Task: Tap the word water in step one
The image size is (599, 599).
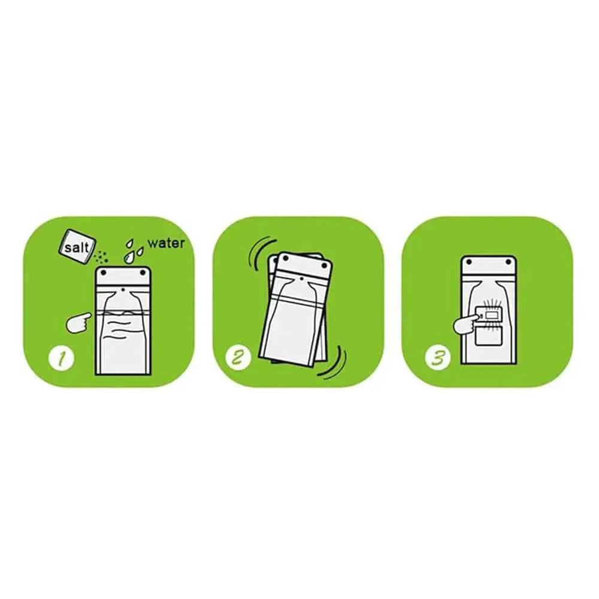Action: pyautogui.click(x=166, y=243)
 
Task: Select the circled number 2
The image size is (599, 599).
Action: pyautogui.click(x=238, y=358)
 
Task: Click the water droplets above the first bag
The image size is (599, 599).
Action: pyautogui.click(x=134, y=250)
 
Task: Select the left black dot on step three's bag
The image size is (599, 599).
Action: pyautogui.click(x=469, y=262)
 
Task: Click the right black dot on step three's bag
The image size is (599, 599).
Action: pyautogui.click(x=509, y=262)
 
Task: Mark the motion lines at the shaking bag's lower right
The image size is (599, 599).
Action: pyautogui.click(x=334, y=362)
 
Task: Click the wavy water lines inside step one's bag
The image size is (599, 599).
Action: pyautogui.click(x=122, y=324)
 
